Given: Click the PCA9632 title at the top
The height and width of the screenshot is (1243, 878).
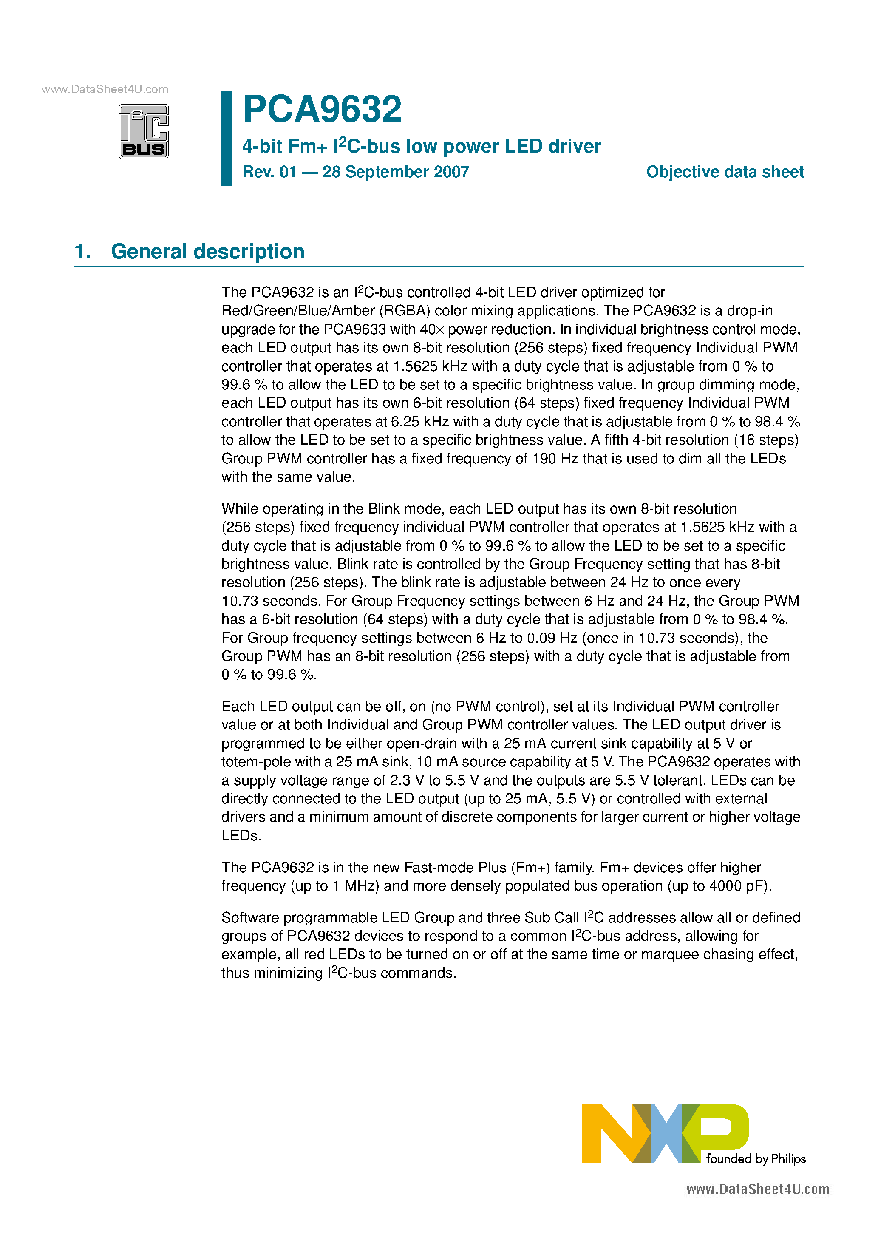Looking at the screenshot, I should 322,109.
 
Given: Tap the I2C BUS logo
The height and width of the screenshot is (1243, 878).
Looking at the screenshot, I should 144,131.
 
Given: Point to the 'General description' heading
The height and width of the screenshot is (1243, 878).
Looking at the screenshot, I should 207,252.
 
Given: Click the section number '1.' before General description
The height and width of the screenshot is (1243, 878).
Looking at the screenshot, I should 82,252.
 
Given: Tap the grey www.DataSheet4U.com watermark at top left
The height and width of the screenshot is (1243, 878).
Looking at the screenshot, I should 105,89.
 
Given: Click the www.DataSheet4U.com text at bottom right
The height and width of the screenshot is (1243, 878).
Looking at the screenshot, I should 757,1189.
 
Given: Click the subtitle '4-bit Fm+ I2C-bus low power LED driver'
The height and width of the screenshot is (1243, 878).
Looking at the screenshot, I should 421,146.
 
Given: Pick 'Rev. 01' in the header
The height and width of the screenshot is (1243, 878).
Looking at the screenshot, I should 269,172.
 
